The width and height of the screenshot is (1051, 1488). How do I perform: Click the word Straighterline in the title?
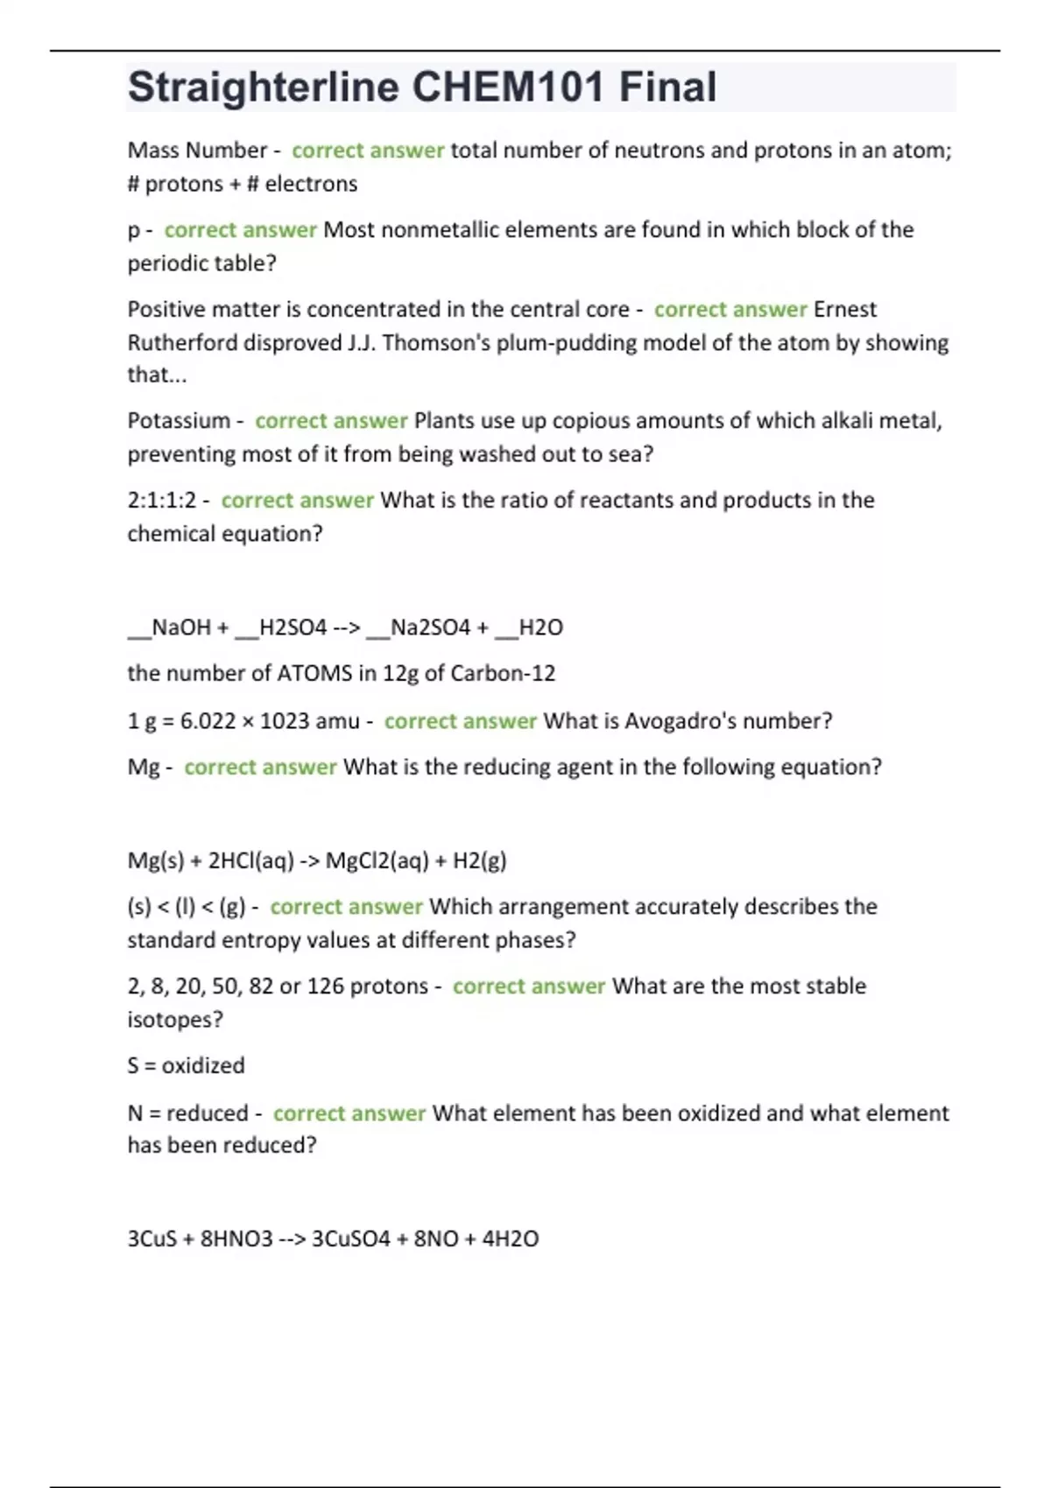click(x=264, y=88)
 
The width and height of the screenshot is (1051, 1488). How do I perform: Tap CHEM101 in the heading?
click(x=508, y=88)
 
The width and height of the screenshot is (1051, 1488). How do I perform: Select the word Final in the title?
click(x=667, y=88)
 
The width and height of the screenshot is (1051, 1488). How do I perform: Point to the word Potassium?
click(x=179, y=421)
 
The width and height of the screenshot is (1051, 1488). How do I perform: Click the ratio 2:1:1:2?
click(x=162, y=501)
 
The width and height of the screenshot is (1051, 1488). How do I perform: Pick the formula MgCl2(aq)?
click(x=377, y=861)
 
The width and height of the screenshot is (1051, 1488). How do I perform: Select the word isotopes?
click(x=175, y=1020)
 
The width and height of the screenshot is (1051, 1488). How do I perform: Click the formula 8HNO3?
click(x=236, y=1239)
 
